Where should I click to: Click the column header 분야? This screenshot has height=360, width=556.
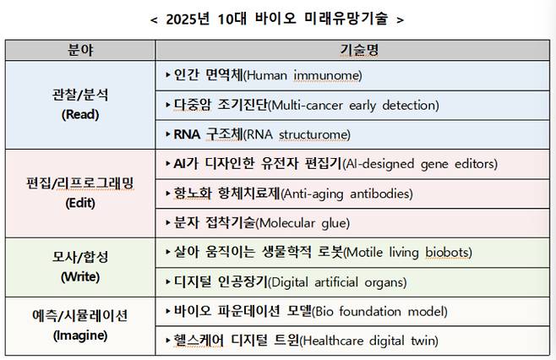tap(81, 51)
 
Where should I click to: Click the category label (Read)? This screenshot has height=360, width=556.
tap(81, 114)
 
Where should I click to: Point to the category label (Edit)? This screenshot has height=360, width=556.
tap(81, 203)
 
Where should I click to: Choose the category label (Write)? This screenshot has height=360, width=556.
tap(81, 276)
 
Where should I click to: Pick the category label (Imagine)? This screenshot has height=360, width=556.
tap(81, 335)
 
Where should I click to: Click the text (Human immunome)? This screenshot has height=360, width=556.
tap(302, 76)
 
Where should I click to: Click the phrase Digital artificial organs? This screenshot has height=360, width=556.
tap(340, 281)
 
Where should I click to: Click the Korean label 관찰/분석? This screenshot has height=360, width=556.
tap(81, 95)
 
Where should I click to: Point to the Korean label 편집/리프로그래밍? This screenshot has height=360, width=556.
tap(81, 183)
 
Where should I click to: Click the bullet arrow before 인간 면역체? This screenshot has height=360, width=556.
tap(168, 75)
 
